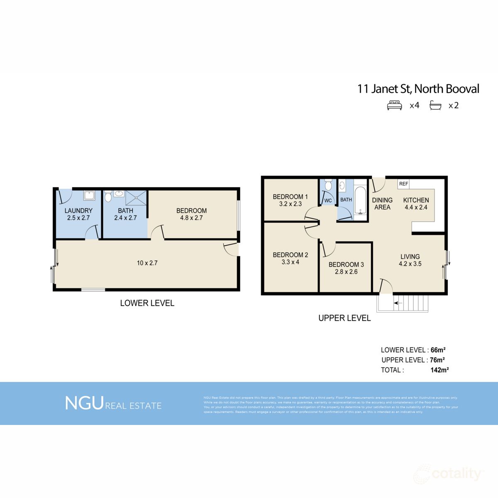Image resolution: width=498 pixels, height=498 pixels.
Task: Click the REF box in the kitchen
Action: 403,184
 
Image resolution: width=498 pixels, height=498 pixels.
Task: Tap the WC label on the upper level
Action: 328,200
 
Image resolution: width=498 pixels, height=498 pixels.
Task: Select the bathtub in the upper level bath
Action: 361,200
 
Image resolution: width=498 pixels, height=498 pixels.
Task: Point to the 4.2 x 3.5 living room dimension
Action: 410,264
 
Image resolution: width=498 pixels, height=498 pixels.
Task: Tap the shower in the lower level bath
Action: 136,198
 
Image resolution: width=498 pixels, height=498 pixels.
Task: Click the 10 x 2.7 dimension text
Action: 147,263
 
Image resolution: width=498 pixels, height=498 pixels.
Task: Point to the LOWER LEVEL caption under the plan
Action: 147,303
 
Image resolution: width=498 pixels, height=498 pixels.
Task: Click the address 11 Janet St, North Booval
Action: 418,89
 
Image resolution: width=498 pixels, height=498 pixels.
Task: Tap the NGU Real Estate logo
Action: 113,403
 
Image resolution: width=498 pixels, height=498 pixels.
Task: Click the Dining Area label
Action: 382,203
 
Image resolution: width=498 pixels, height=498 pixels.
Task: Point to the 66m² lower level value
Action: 438,350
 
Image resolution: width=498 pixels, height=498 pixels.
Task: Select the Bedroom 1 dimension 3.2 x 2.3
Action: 290,204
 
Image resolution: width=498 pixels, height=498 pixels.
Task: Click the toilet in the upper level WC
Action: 328,185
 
